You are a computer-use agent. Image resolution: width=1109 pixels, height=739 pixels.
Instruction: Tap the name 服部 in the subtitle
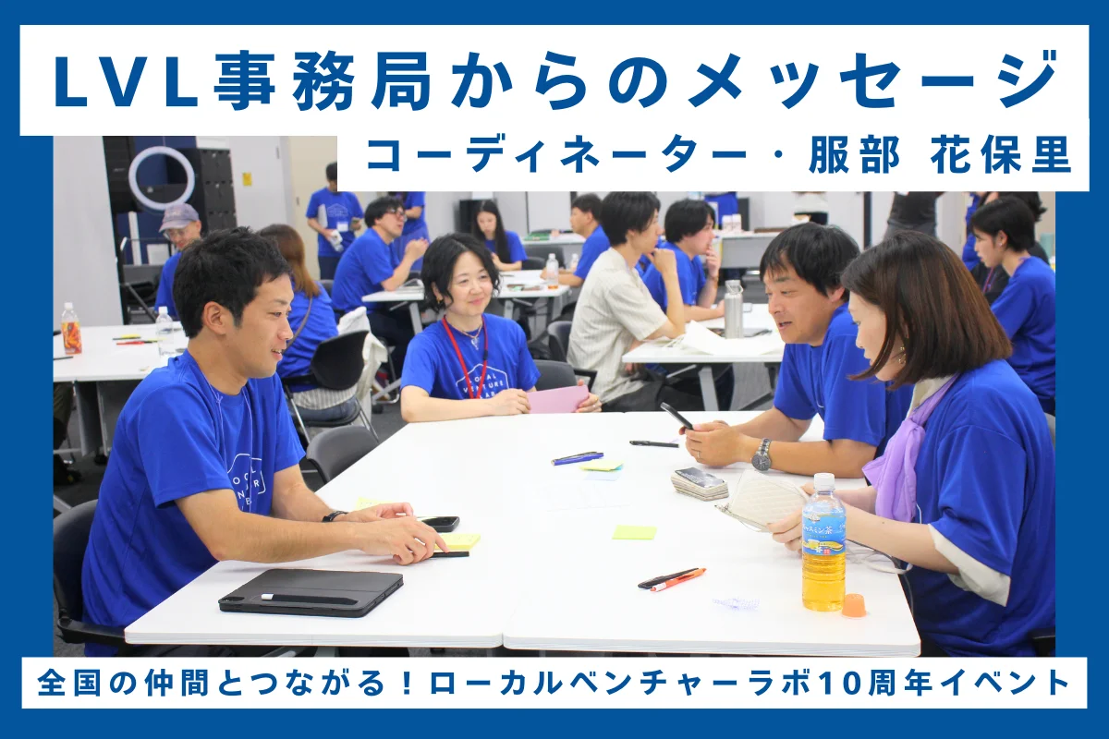point(854,155)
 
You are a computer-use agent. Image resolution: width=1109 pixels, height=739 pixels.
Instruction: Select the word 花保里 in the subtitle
point(1001,155)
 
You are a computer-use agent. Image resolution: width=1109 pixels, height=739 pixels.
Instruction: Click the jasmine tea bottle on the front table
point(823,542)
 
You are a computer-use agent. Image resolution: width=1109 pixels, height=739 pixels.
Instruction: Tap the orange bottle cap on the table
point(854,605)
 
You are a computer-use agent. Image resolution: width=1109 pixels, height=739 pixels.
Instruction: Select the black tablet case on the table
point(311,592)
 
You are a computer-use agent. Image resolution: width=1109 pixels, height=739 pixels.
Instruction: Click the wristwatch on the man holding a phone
point(762,455)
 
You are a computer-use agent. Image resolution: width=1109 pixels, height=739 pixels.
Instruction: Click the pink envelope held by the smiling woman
point(558,398)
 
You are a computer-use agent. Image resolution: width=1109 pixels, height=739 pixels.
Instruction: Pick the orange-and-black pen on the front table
point(671,579)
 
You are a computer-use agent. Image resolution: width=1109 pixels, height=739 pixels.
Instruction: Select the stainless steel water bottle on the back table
point(734,309)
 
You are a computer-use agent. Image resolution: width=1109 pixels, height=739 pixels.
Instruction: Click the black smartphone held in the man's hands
point(677,417)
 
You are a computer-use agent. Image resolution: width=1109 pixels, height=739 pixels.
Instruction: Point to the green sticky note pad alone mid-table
point(634,533)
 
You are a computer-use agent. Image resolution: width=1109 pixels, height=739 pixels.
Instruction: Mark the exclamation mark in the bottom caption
point(407,683)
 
